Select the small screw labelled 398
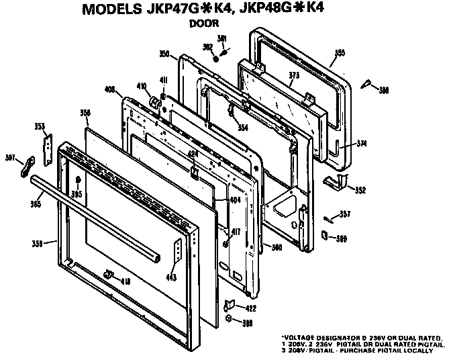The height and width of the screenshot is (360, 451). point(367,85)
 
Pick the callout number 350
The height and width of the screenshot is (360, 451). point(164,54)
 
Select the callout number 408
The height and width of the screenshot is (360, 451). point(111,89)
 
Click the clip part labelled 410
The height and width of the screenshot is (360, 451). point(154,102)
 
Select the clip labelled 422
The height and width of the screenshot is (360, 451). point(228,304)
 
